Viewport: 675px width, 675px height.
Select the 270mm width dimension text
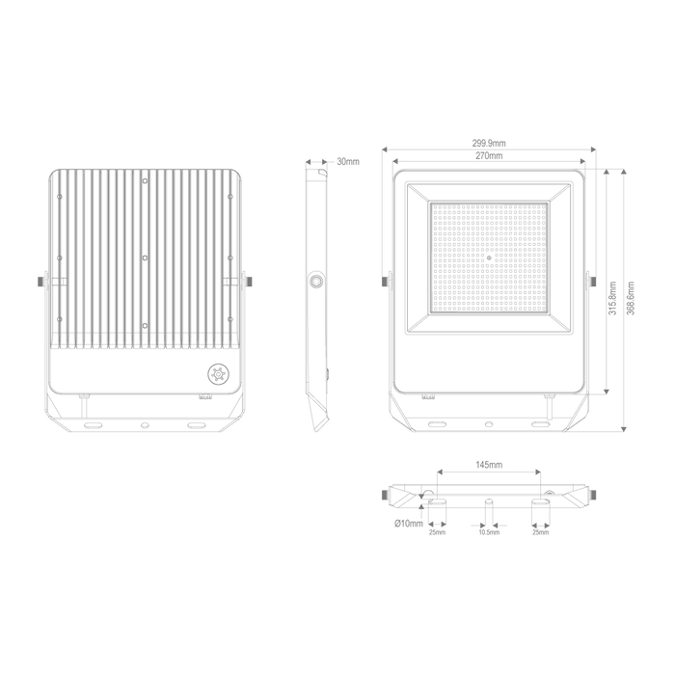489,156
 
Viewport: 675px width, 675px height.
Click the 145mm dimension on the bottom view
489,465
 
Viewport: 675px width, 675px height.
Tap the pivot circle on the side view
316,282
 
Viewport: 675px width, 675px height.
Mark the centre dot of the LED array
490,257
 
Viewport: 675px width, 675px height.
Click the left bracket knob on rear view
42,281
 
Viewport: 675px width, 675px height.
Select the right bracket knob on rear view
250,281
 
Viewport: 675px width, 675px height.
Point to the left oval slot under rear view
94,423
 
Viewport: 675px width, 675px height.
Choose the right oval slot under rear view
197,423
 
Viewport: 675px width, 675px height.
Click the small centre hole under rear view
146,423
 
